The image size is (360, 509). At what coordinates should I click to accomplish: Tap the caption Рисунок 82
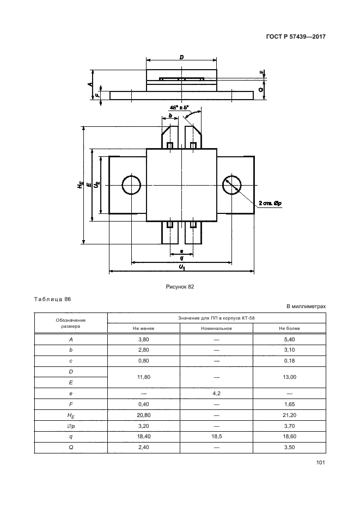[180, 286]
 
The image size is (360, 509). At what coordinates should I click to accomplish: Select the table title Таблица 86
[52, 299]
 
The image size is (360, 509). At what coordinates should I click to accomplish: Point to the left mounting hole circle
[131, 185]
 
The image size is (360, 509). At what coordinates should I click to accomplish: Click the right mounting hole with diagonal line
[232, 185]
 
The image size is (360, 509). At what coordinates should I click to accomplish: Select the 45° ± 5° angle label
[178, 108]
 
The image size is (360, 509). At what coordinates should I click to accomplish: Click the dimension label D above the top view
[181, 57]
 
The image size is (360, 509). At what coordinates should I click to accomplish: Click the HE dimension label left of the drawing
[80, 185]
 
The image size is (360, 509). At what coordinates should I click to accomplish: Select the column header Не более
[289, 328]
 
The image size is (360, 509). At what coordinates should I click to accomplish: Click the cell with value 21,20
[289, 415]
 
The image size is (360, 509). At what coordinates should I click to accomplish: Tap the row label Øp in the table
[71, 426]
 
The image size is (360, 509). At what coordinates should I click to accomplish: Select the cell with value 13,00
[289, 377]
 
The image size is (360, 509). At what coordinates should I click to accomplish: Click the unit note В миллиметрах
[306, 306]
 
